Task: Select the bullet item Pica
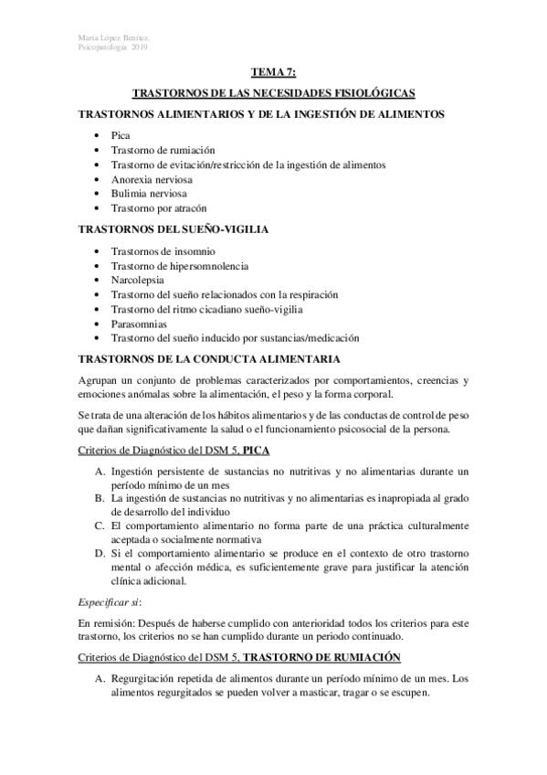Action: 119,133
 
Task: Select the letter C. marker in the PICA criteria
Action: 100,526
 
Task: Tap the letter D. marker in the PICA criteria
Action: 100,556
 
